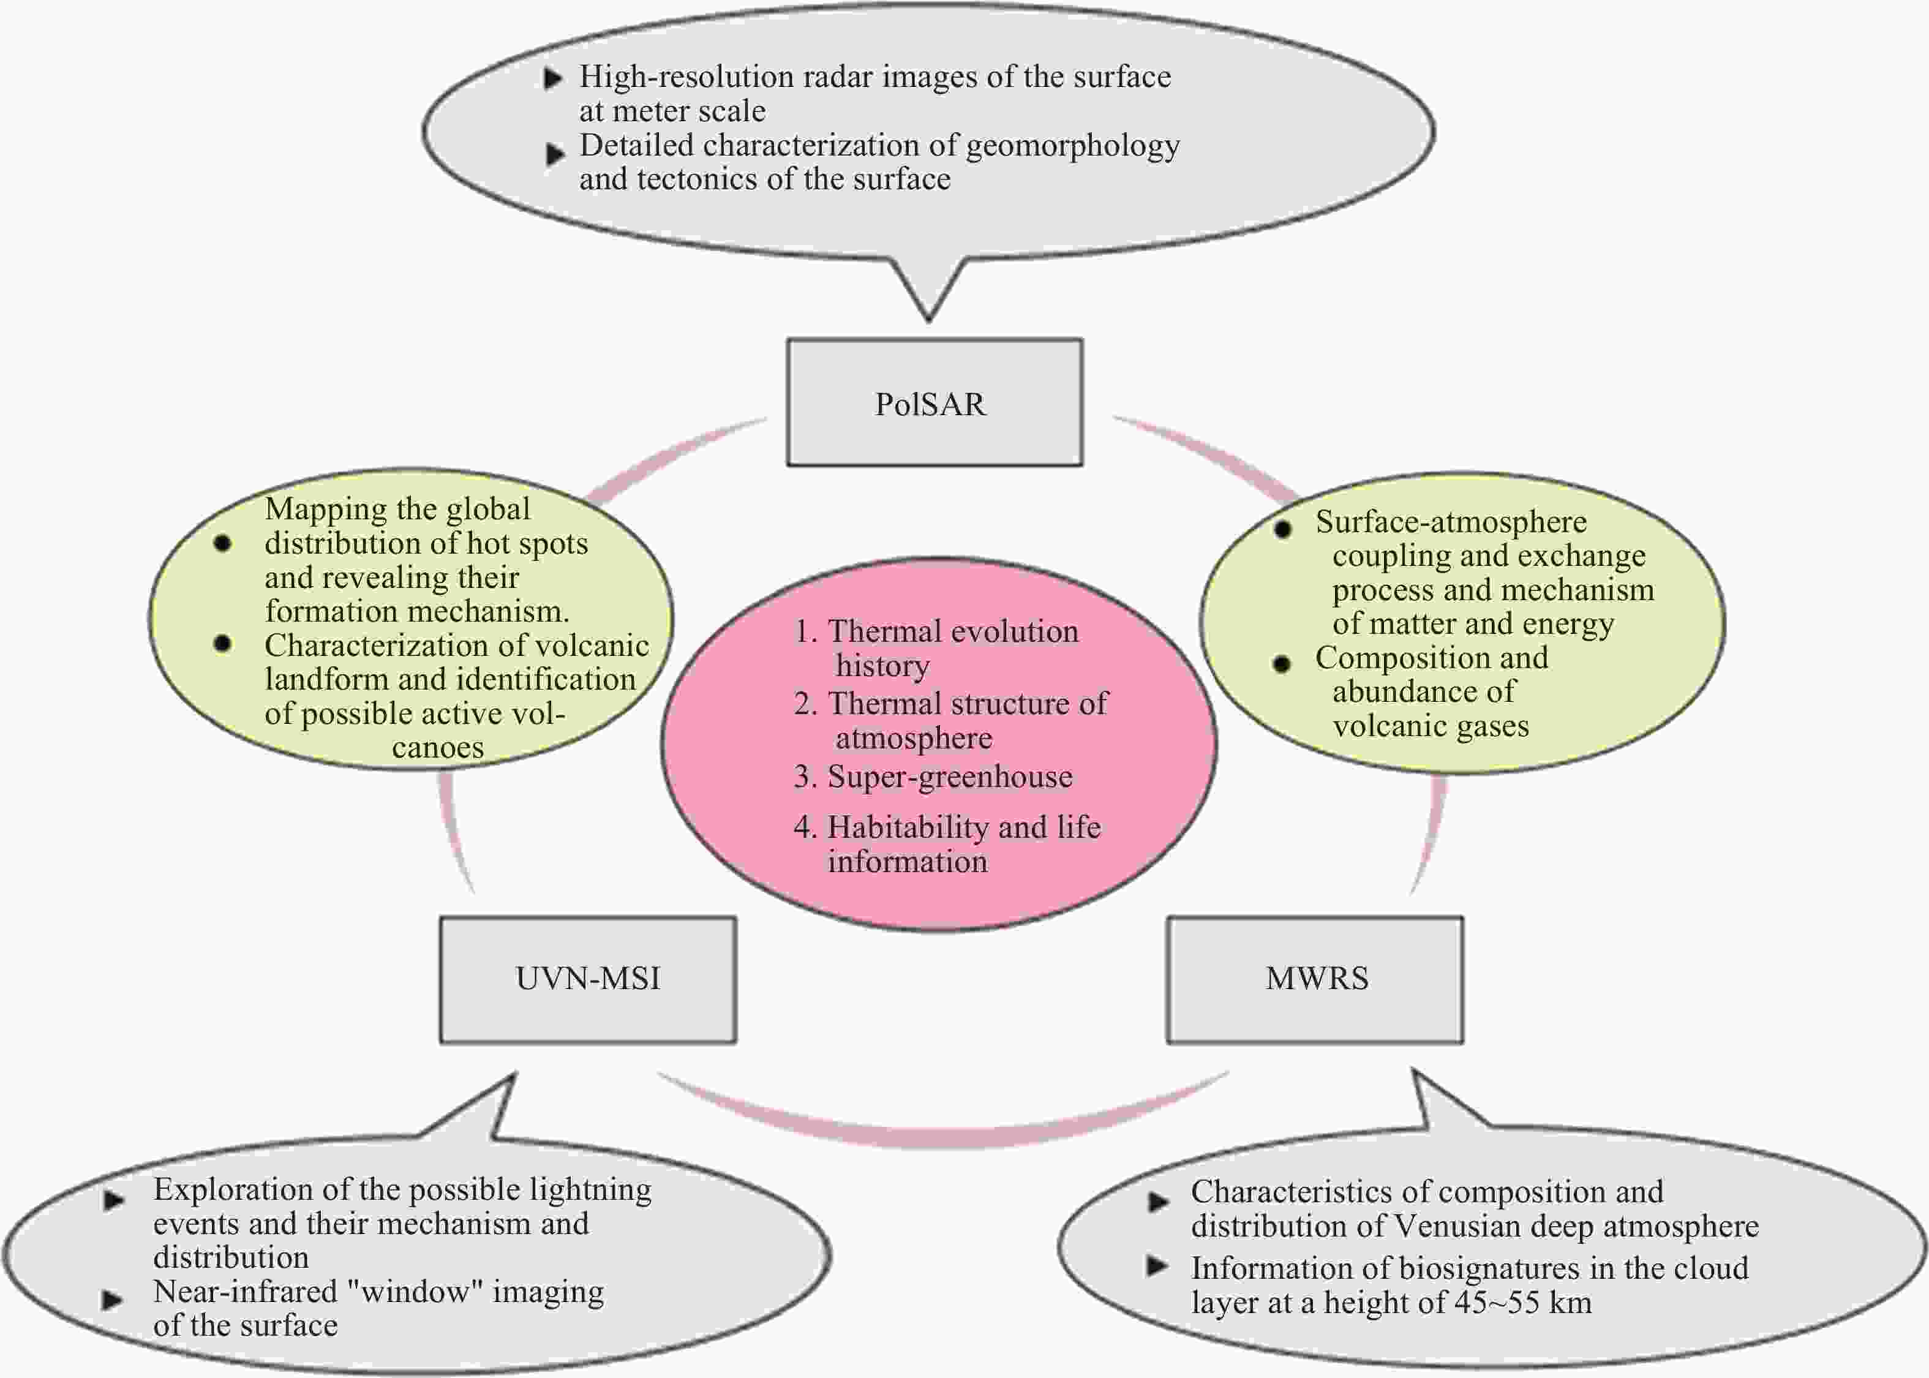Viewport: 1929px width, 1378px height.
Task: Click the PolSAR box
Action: (934, 403)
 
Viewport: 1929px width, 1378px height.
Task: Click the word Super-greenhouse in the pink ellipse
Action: (950, 777)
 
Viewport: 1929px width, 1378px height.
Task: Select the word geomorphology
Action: (1072, 146)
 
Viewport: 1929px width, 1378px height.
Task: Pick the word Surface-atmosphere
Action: (1451, 522)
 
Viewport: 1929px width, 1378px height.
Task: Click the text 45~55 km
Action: (1522, 1303)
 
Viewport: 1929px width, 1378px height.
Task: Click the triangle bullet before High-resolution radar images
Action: (553, 80)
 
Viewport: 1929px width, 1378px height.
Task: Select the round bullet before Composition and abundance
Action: (1282, 663)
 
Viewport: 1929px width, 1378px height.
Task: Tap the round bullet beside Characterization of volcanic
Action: (222, 644)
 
